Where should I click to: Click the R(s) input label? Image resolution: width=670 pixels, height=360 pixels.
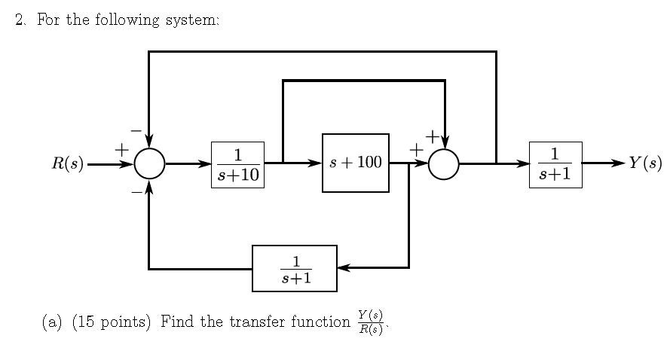[67, 163]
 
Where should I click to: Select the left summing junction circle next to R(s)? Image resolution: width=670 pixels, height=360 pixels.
[150, 163]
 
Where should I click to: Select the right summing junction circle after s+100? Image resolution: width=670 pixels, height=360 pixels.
[444, 163]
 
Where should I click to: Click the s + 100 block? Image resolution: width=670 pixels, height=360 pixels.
[356, 163]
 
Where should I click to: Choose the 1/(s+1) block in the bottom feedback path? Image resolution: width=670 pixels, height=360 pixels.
[295, 268]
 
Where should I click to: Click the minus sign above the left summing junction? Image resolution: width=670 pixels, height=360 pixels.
[136, 131]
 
